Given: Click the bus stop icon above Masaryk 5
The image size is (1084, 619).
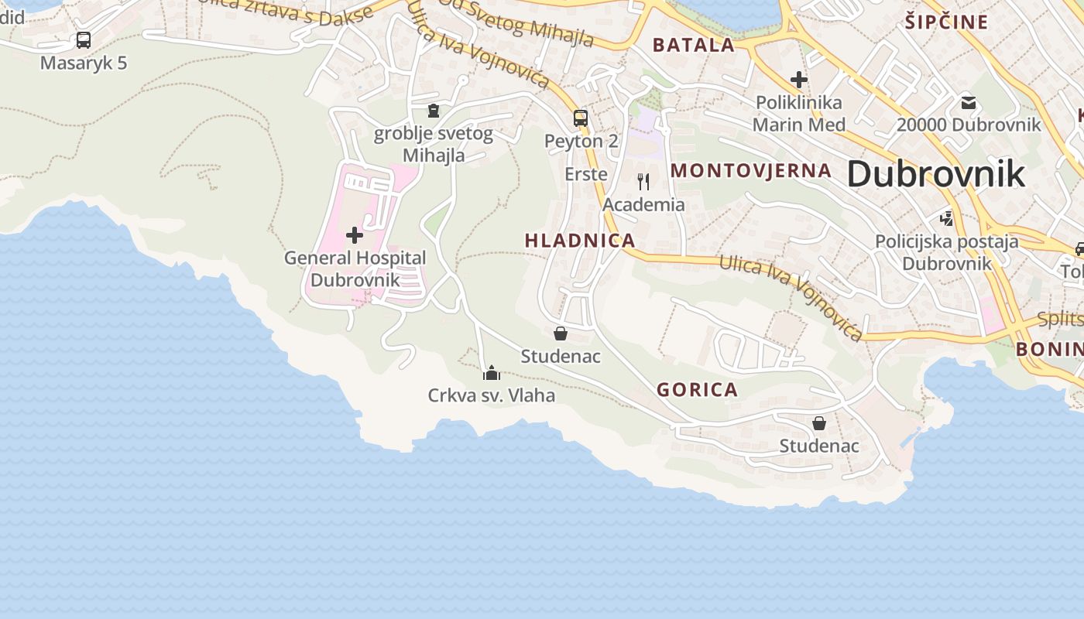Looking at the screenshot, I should coord(84,40).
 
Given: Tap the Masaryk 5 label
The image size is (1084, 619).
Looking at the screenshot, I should coord(84,63).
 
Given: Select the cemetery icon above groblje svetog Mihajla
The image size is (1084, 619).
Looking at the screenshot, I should coord(434,111).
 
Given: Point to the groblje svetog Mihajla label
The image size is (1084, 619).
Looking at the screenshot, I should coord(434,145).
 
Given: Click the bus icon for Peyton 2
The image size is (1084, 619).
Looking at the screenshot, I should coord(581,118).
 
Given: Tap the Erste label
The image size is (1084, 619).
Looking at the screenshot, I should coord(586,174).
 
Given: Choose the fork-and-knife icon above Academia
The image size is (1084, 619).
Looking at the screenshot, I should coord(643,182).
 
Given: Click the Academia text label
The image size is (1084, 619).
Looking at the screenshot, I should coord(643,205).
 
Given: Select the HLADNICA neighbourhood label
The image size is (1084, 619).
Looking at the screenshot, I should coord(580,241).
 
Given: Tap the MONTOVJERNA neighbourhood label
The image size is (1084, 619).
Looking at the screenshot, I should coord(751,171).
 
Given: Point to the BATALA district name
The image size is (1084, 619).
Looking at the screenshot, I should coord(694,45).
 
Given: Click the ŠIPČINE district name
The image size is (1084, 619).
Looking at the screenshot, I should coord(946,22).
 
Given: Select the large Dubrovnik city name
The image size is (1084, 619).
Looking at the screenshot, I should coord(936,174).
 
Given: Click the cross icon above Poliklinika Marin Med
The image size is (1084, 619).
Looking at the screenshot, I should coord(798,80).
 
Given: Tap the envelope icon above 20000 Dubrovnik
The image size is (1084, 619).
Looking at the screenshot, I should coord(969,102).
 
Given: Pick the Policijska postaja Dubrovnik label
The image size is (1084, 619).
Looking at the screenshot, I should coord(947,252).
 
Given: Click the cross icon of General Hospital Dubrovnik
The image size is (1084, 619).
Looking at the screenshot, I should coord(355,235).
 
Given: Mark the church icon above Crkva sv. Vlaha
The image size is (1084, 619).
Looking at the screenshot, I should coord(492,374).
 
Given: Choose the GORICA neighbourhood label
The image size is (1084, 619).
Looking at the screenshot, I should coord(698,390).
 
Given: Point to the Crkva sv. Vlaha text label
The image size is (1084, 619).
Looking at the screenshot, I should coord(492,396).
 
